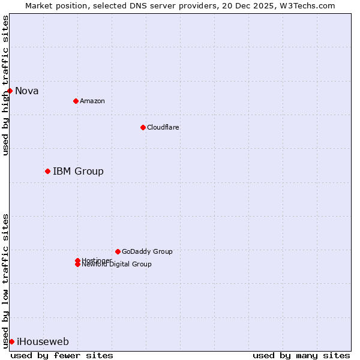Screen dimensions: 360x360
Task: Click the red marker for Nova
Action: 10,91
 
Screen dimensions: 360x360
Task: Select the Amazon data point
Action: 76,101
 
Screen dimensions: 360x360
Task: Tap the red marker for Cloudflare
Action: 143,127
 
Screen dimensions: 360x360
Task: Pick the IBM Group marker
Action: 47,171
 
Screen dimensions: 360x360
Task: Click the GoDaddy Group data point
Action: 118,251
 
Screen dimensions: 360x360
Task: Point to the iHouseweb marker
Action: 11,341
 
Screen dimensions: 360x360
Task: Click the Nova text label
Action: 27,91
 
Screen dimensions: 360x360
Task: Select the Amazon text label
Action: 92,101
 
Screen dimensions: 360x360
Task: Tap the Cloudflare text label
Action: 163,127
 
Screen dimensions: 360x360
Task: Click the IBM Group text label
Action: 78,172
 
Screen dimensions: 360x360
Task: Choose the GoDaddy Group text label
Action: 147,251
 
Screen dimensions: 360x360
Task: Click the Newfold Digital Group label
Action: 117,265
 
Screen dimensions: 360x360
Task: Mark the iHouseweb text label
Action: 43,342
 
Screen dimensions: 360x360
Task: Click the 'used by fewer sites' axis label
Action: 62,355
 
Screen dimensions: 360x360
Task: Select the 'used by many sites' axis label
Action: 301,355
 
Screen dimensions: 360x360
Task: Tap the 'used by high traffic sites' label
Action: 6,85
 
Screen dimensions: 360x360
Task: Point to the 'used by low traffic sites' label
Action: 6,281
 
